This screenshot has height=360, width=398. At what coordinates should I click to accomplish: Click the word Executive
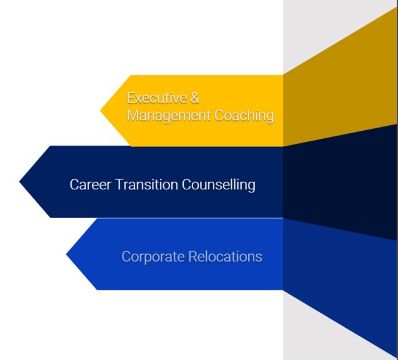pyautogui.click(x=157, y=98)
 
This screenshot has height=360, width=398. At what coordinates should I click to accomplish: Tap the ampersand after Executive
pyautogui.click(x=195, y=98)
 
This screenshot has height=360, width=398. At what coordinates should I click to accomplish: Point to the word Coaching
pyautogui.click(x=244, y=115)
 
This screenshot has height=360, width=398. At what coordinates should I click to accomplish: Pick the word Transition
pyautogui.click(x=147, y=184)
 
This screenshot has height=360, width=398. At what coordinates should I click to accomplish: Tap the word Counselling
pyautogui.click(x=219, y=184)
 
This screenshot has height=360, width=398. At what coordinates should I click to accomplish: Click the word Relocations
pyautogui.click(x=225, y=257)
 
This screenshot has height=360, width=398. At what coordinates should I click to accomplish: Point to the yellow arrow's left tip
pyautogui.click(x=100, y=110)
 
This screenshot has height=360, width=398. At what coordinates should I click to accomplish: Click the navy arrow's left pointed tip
pyautogui.click(x=19, y=181)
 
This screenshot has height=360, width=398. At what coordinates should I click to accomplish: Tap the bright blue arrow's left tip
pyautogui.click(x=66, y=254)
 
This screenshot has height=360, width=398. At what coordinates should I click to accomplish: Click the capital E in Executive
pyautogui.click(x=130, y=98)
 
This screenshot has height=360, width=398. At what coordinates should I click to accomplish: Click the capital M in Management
pyautogui.click(x=133, y=116)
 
